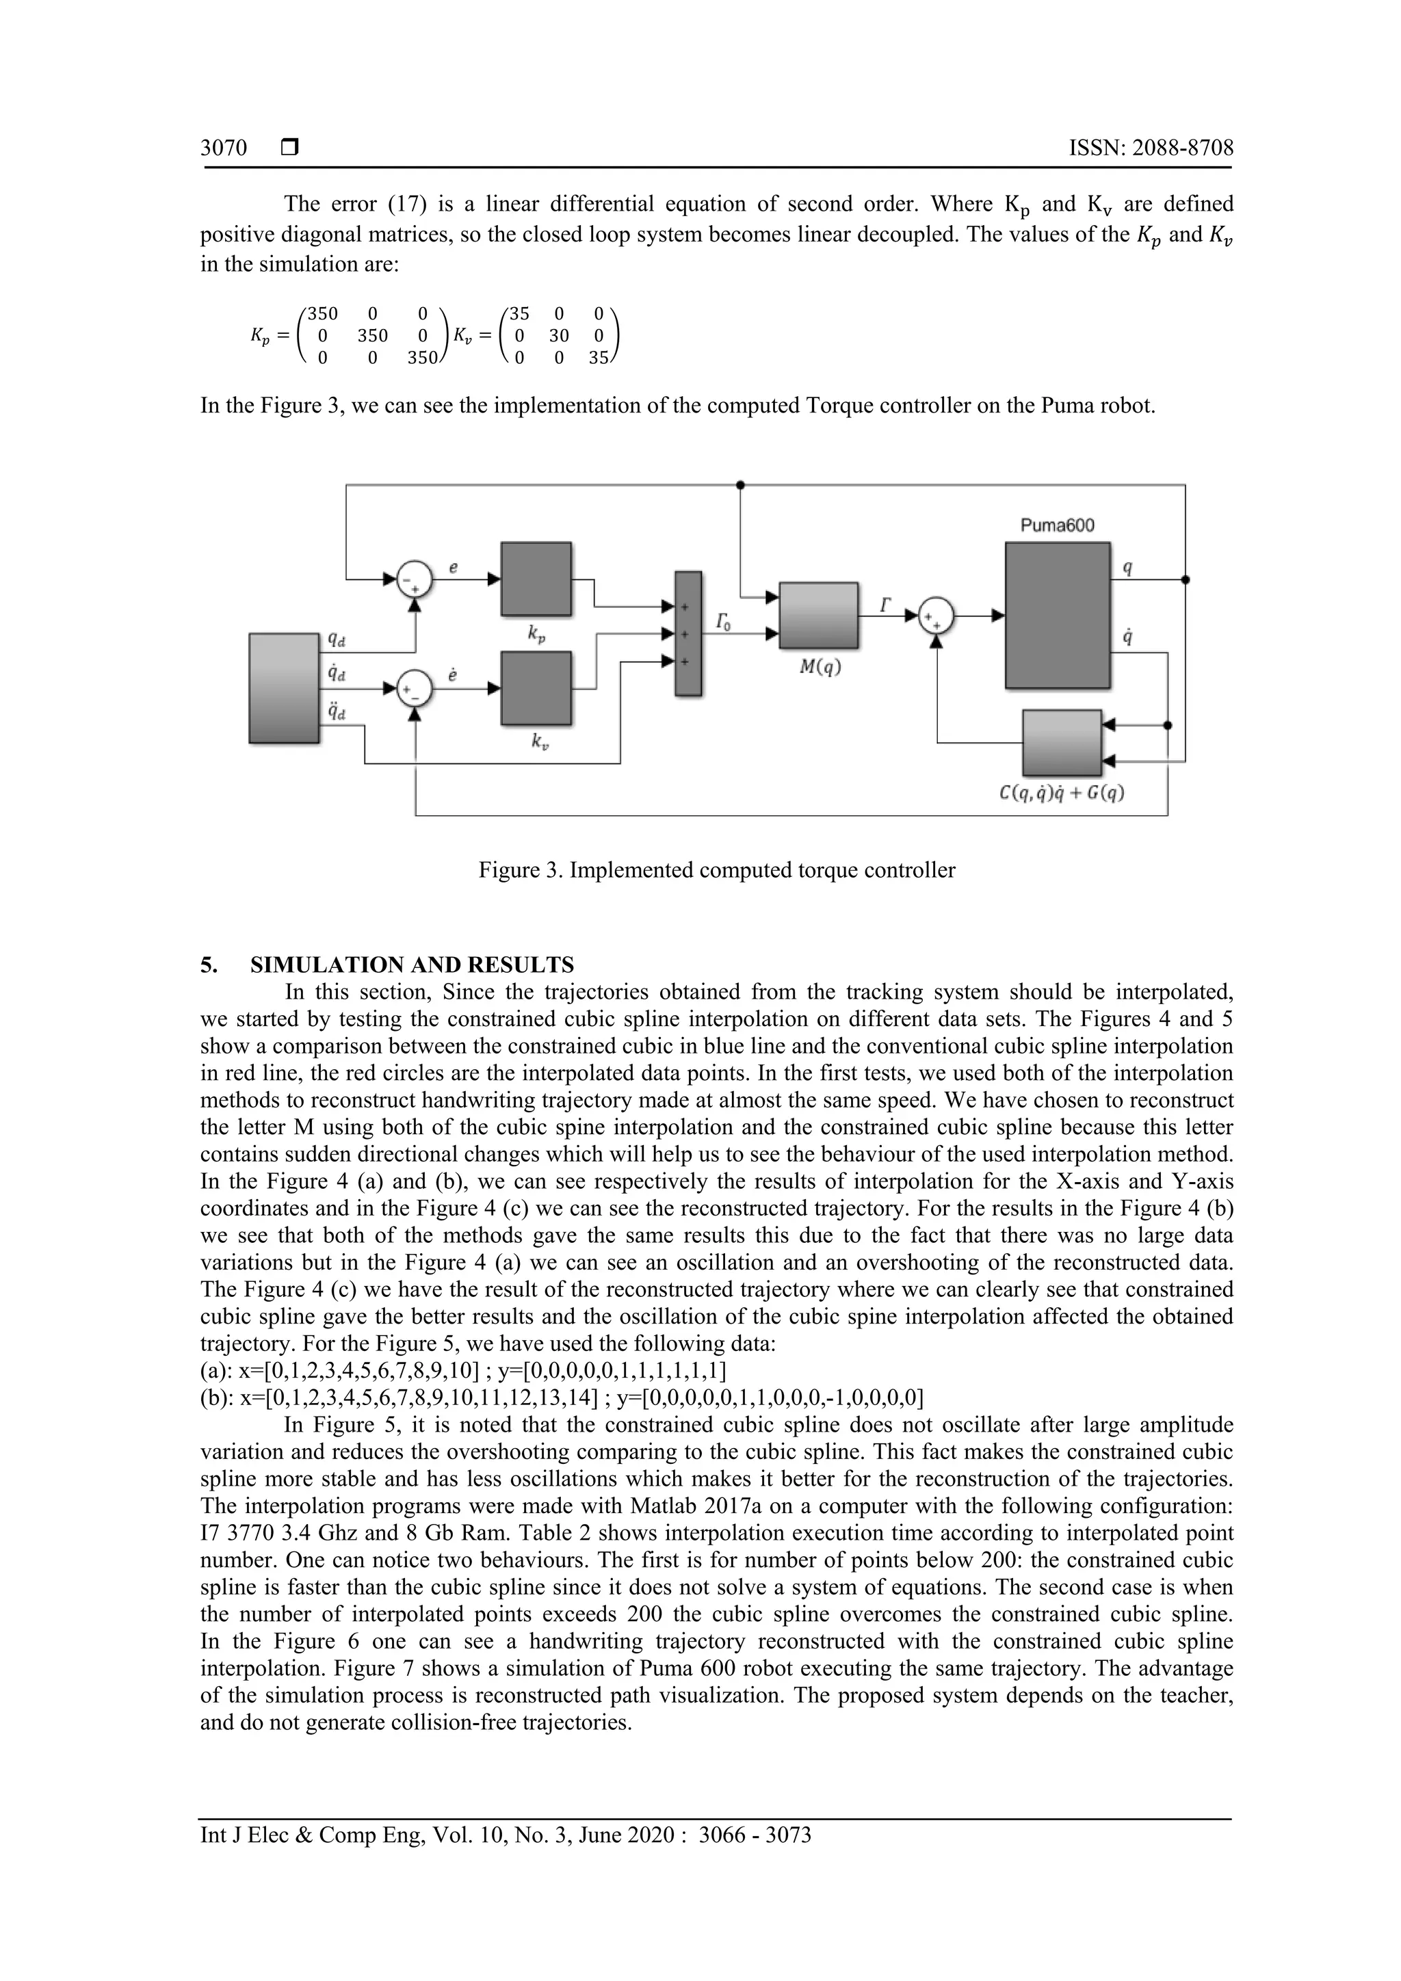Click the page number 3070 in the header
224,148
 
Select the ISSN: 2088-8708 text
1151,148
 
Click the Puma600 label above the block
1057,525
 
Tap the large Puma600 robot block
1057,614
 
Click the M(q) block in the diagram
818,615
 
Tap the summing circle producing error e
415,579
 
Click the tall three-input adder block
688,633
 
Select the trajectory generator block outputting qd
284,687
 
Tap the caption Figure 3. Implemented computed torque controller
717,869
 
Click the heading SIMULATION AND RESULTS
412,965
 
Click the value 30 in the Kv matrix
558,336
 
